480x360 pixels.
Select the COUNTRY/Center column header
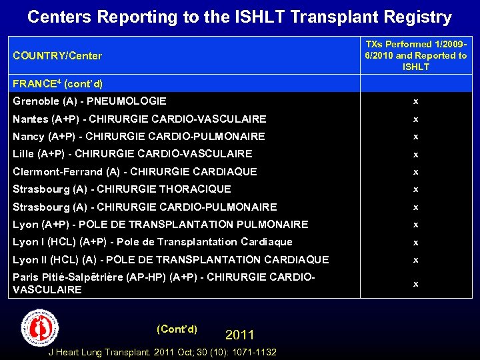58,56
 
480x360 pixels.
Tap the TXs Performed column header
416,55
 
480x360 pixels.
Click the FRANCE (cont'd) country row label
58,84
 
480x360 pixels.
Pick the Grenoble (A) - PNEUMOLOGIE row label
89,101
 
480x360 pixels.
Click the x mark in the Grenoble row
415,102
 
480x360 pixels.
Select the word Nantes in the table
30,119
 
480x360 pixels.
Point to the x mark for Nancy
415,137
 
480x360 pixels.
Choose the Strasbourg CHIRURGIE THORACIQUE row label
122,189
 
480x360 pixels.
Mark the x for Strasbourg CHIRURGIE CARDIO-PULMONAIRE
415,207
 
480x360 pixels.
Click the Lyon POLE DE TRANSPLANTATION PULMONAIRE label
161,225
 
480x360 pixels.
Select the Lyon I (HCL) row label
153,242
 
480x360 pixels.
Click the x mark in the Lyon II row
415,260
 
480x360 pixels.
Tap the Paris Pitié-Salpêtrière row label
163,283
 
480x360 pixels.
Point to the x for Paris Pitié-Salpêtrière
415,284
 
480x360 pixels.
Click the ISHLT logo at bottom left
39,328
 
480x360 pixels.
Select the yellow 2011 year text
239,334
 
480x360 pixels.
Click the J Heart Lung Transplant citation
163,352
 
